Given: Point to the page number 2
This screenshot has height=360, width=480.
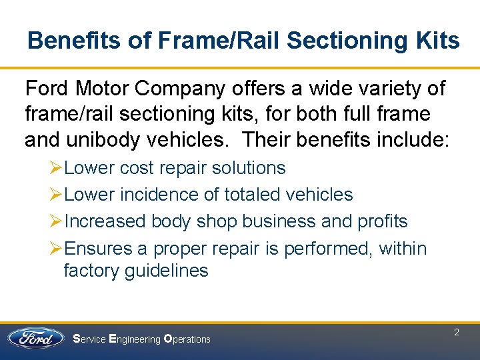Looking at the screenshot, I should coord(457,332).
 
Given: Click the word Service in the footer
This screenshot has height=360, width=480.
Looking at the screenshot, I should coord(89,339).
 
